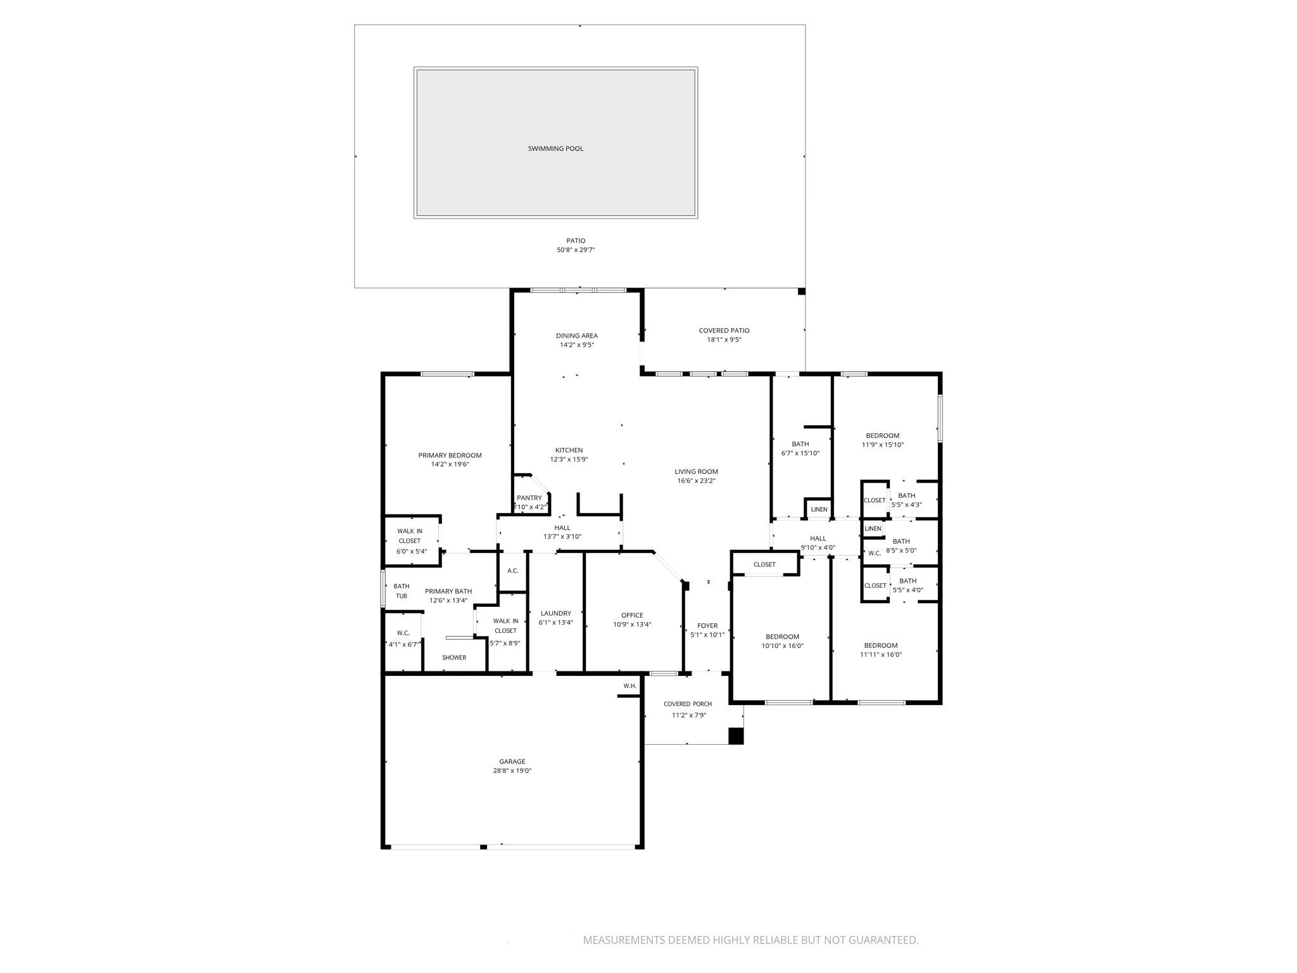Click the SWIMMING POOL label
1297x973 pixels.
click(555, 149)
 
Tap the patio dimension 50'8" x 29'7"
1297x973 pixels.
click(576, 250)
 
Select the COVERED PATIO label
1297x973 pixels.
click(724, 331)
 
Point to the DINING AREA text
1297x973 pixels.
click(576, 336)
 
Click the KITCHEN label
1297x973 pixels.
click(569, 450)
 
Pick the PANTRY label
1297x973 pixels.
click(529, 498)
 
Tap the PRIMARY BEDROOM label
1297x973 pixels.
click(450, 455)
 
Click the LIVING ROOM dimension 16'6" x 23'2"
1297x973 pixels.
click(696, 481)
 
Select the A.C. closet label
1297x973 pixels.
click(512, 571)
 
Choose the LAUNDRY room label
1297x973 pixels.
click(555, 613)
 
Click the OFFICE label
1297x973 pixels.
click(631, 615)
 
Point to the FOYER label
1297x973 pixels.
click(707, 626)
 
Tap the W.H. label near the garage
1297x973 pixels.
click(630, 686)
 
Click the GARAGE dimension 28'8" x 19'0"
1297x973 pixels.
click(512, 771)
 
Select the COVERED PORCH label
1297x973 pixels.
click(687, 704)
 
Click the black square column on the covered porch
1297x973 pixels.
click(735, 736)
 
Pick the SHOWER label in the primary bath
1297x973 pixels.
click(454, 658)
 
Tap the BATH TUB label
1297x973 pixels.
click(402, 591)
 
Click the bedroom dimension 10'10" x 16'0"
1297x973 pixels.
click(782, 646)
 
